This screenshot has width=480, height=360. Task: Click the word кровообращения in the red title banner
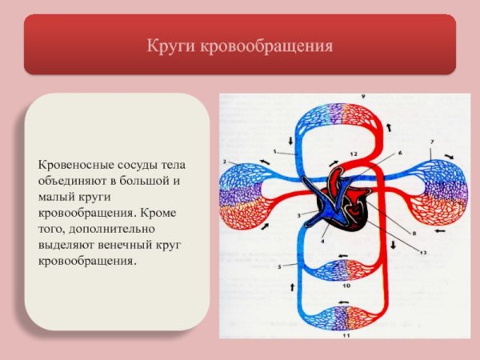(266, 46)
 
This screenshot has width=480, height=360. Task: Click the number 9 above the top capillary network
(362, 97)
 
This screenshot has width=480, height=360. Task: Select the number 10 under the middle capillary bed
(346, 285)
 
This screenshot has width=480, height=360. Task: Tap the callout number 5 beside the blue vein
(279, 266)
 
